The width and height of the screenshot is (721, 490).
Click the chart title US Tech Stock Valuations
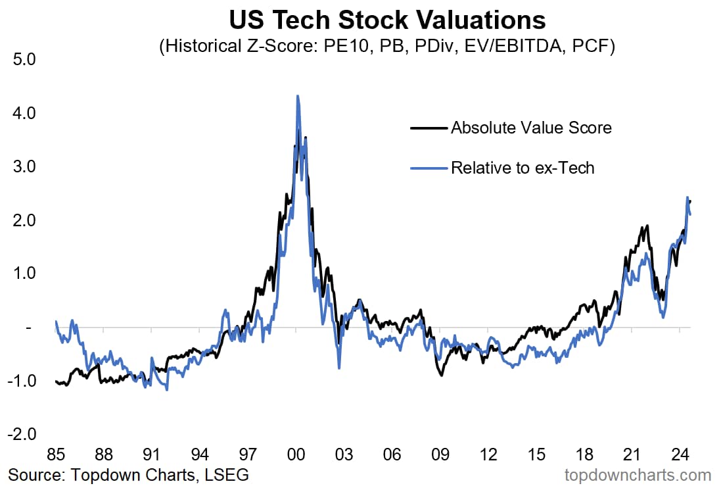[x=387, y=20]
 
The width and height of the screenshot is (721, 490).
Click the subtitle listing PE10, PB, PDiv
[x=387, y=47]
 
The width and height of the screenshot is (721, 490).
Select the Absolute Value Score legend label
[x=531, y=128]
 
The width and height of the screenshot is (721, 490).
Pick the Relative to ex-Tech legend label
[x=523, y=168]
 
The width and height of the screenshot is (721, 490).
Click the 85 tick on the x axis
[x=57, y=454]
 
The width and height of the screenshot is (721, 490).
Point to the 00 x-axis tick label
[x=296, y=454]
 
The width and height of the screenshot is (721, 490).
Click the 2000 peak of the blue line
[x=298, y=96]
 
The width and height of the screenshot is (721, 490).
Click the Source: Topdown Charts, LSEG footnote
[x=129, y=474]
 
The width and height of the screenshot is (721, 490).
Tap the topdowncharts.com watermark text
[x=638, y=474]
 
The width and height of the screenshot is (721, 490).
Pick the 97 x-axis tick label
[x=248, y=454]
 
